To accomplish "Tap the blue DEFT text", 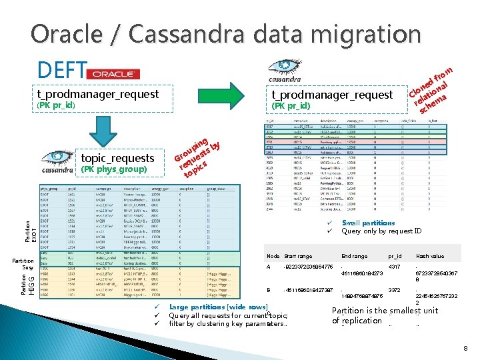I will click(62, 69).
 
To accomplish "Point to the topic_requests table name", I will click(117, 158).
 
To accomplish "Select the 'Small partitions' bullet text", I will click(368, 223).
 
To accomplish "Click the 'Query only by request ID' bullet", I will click(381, 231).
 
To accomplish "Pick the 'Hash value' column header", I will click(429, 256).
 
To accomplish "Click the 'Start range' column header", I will click(298, 256).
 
